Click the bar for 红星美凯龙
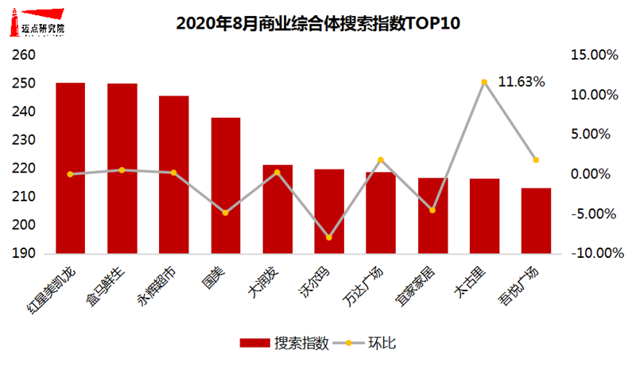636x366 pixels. point(71,168)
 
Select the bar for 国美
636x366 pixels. point(225,185)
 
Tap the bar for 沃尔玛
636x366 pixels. point(328,212)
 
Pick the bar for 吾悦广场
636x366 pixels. point(535,221)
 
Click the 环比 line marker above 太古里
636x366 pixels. point(483,82)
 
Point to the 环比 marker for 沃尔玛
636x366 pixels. point(328,238)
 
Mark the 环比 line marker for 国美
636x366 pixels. point(225,212)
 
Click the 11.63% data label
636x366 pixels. point(521,81)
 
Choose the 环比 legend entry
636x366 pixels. point(370,343)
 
